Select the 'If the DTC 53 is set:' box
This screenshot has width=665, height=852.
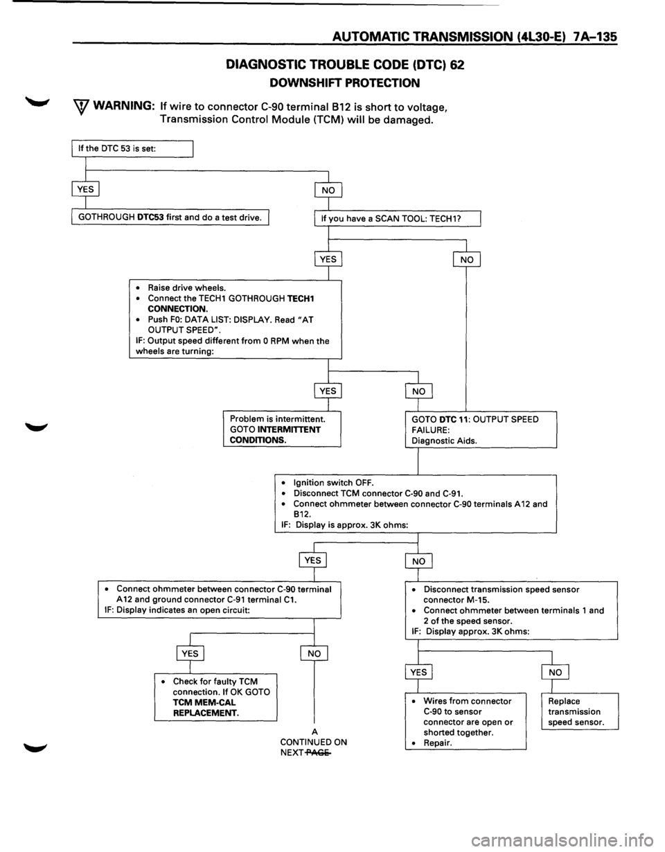(132, 149)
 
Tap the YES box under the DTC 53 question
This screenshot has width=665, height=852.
(85, 190)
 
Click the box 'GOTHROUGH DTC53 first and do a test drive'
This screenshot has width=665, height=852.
(170, 218)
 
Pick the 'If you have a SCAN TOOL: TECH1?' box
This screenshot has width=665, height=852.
(397, 219)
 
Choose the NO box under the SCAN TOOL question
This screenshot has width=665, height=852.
(467, 260)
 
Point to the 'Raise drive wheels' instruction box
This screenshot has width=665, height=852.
(236, 319)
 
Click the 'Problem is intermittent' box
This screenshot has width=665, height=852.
(282, 429)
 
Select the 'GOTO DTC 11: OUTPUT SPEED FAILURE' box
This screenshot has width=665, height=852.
(481, 429)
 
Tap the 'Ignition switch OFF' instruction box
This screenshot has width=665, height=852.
(416, 504)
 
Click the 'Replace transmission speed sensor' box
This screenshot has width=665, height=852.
(580, 711)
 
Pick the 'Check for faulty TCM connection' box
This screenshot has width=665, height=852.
(215, 697)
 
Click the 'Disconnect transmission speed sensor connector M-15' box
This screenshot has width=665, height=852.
(511, 610)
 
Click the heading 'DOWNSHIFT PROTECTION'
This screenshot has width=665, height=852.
(344, 82)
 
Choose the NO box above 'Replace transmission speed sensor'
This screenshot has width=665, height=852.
(555, 673)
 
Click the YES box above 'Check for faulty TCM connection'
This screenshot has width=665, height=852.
(190, 653)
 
